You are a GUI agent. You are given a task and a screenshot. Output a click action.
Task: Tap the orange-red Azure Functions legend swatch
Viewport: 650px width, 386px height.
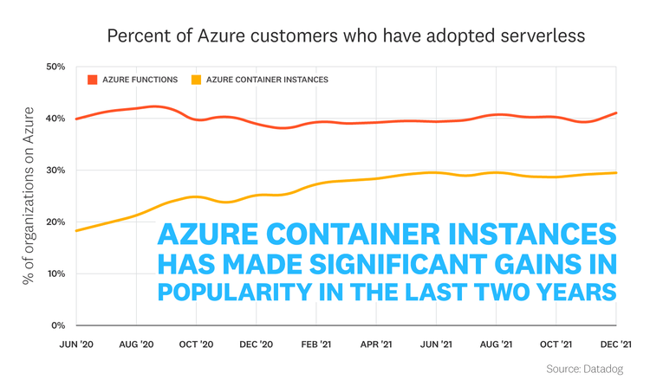click(x=92, y=80)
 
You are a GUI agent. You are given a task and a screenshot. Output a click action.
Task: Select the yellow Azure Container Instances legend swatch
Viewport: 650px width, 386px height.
click(x=196, y=80)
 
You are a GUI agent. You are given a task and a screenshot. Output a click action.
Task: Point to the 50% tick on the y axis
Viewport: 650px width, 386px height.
click(x=55, y=67)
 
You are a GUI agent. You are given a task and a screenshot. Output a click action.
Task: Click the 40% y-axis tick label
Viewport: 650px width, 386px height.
click(x=55, y=119)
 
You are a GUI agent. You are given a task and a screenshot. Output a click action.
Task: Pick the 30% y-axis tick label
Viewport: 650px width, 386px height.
click(x=55, y=170)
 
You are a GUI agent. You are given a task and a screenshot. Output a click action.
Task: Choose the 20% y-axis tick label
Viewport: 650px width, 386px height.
click(x=55, y=222)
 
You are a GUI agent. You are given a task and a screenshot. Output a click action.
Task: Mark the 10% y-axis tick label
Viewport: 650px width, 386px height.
click(x=55, y=274)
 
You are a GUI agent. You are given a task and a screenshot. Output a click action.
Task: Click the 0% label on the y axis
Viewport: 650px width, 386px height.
click(x=57, y=326)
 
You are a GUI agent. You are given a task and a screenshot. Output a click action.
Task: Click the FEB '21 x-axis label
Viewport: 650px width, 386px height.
click(x=315, y=344)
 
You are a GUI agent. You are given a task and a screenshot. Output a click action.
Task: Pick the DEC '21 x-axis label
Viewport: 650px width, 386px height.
click(x=614, y=344)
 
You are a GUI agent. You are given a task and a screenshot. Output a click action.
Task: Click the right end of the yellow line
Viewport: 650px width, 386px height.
click(x=615, y=173)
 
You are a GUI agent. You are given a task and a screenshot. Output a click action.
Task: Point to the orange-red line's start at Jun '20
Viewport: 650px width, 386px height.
click(x=76, y=119)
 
